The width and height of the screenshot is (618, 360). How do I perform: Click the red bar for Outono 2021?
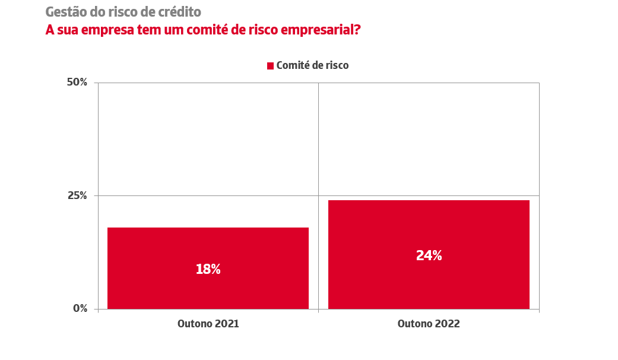coord(208,244)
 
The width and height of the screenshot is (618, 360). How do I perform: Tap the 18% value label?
coord(208,269)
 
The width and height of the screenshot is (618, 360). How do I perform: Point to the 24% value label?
coord(429,255)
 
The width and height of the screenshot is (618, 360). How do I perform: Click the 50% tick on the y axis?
coord(77,82)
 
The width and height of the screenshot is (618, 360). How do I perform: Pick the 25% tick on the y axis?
coord(77,195)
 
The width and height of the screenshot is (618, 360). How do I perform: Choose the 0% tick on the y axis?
coord(80,308)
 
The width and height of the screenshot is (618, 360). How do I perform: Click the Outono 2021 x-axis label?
coord(208,324)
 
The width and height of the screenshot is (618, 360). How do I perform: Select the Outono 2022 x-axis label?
coord(429,324)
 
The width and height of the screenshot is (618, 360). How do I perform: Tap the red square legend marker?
coord(270,65)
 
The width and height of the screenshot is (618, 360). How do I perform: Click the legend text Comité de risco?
coord(312,65)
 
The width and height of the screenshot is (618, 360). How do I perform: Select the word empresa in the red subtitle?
coord(102,30)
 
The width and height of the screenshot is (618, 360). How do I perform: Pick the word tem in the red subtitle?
coord(140,30)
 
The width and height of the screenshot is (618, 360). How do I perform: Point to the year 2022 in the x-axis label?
coord(446,324)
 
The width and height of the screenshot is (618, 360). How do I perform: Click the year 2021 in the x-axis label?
coord(226,324)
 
